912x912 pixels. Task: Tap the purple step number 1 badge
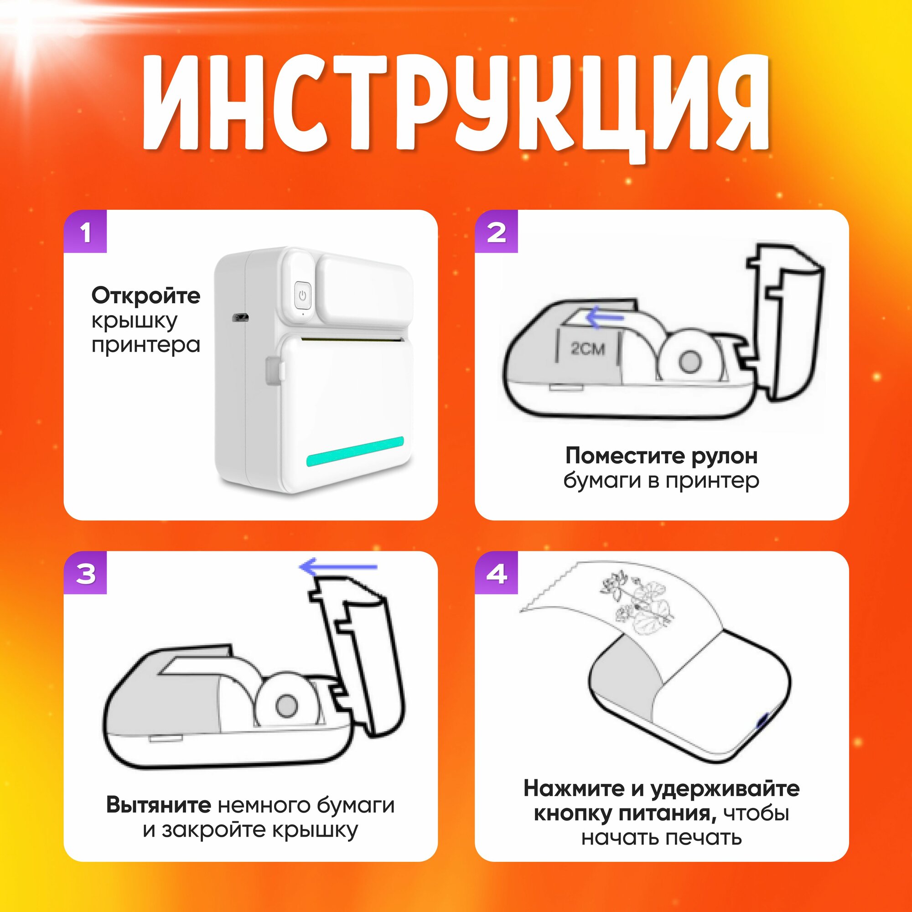[x=85, y=231]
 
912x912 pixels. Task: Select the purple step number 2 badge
[x=496, y=231]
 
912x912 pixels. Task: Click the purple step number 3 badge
[x=85, y=573]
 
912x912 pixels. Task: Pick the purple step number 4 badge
[x=496, y=573]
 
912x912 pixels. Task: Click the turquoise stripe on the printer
[x=355, y=452]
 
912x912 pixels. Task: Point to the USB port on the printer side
[x=241, y=317]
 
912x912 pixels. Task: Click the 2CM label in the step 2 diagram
[x=588, y=348]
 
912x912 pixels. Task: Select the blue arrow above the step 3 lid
[x=338, y=567]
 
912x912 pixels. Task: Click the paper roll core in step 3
[x=286, y=706]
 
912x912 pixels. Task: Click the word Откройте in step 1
[x=146, y=296]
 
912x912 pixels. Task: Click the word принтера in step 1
[x=146, y=345]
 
